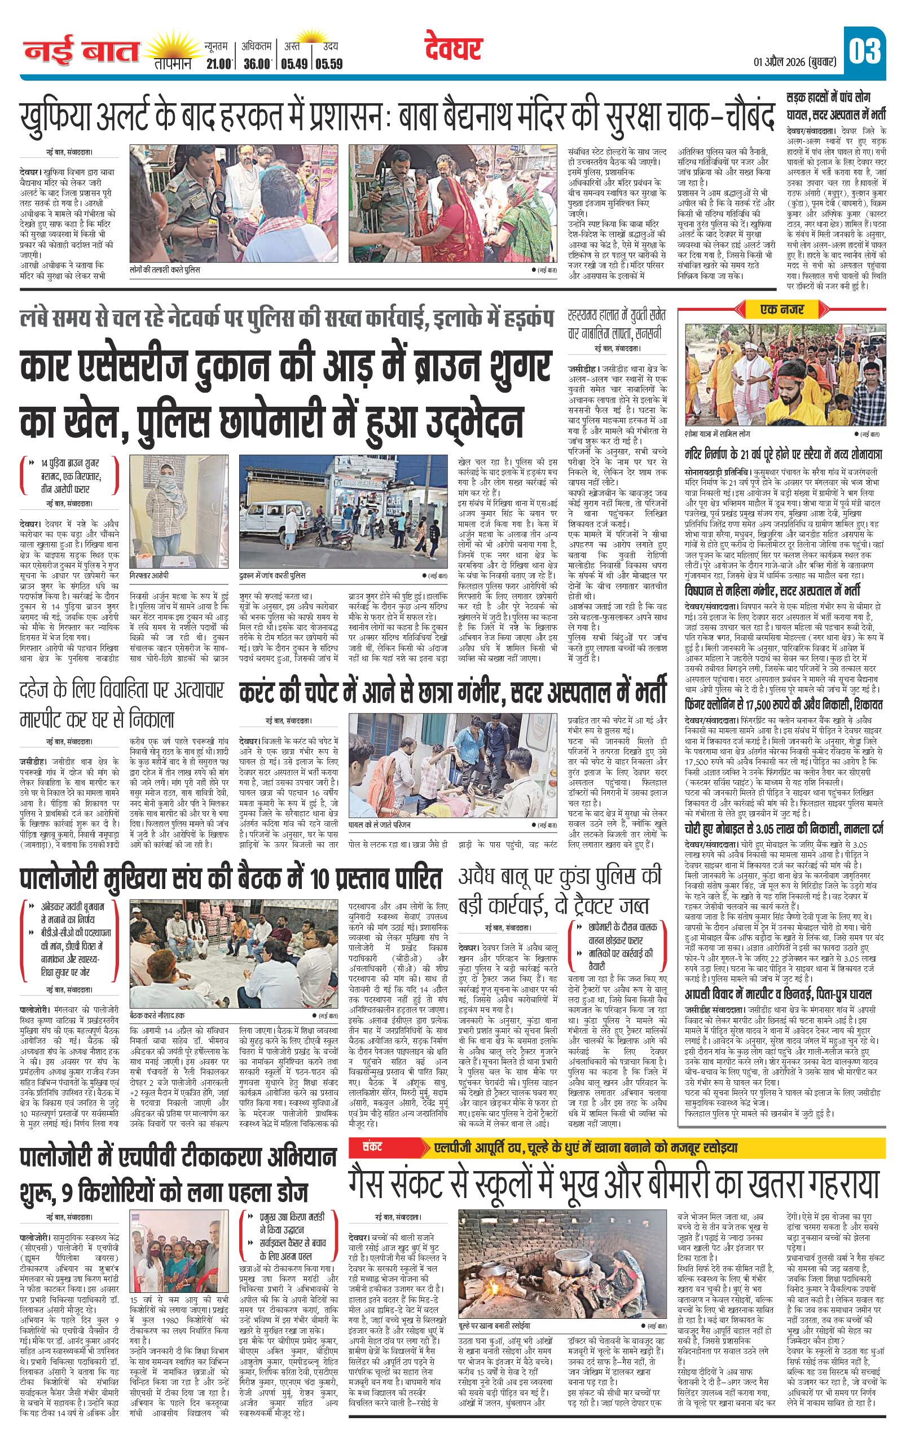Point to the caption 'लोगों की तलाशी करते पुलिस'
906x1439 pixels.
(165, 270)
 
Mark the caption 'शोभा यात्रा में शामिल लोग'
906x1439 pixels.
(717, 433)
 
